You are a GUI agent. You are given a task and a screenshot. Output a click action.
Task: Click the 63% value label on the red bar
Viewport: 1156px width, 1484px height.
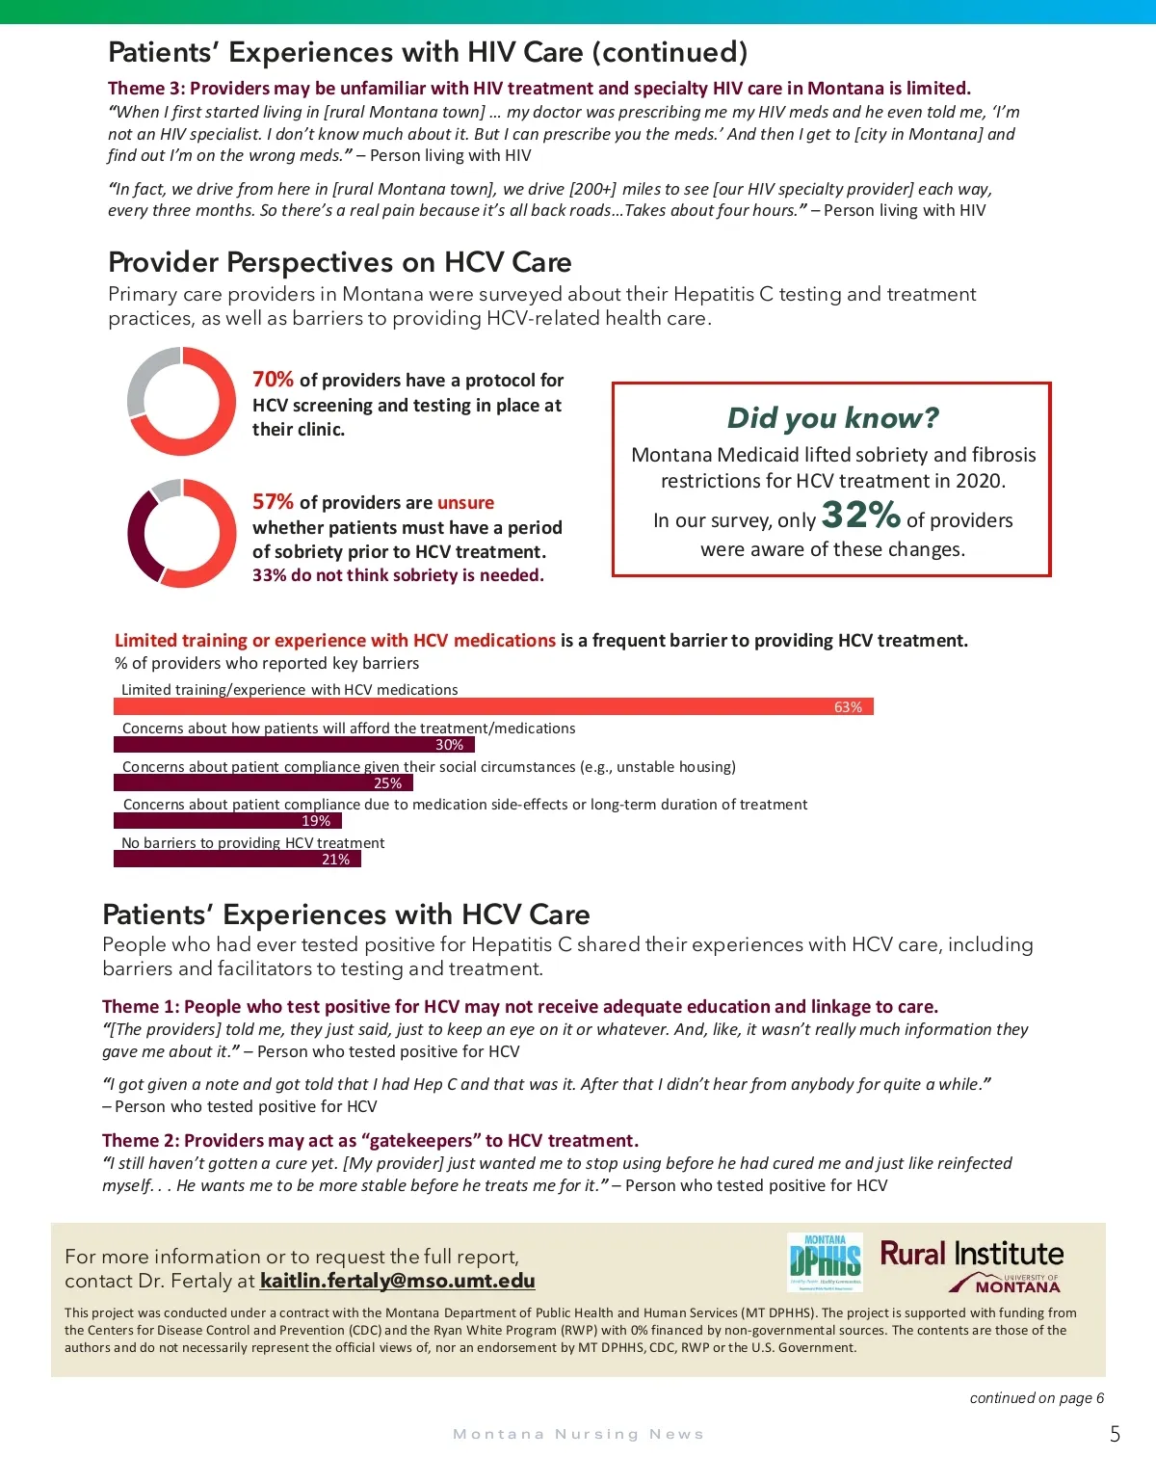click(848, 707)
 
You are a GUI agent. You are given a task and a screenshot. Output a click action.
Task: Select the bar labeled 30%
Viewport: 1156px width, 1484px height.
click(294, 745)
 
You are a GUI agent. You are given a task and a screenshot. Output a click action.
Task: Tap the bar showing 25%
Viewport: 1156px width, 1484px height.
click(263, 783)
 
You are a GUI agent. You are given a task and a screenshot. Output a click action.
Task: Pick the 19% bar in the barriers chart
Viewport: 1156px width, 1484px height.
click(227, 821)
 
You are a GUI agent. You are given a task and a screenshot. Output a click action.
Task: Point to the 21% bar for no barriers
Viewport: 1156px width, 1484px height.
click(237, 860)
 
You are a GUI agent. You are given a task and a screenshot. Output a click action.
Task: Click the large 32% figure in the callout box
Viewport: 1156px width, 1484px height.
click(860, 516)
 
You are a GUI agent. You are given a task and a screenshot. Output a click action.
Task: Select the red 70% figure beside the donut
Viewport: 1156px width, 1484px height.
click(273, 380)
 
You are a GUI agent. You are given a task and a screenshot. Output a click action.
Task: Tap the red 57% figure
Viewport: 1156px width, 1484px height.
click(273, 502)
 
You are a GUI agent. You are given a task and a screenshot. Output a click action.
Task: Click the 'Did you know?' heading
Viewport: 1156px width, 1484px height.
click(832, 417)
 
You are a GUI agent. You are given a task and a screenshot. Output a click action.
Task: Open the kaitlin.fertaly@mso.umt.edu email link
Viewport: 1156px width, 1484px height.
click(397, 1281)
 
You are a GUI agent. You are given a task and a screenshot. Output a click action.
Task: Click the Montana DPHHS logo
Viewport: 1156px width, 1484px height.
click(825, 1261)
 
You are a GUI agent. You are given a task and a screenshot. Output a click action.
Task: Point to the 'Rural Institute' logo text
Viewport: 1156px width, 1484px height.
click(971, 1254)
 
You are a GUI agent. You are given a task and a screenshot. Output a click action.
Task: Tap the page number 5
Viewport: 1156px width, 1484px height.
click(1115, 1434)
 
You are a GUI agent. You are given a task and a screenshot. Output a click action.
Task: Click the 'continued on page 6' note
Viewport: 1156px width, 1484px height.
click(1037, 1398)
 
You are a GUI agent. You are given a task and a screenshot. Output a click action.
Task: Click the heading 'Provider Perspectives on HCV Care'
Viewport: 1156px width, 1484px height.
click(339, 262)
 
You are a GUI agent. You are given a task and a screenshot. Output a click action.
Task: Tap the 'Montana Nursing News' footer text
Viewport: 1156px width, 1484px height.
click(578, 1435)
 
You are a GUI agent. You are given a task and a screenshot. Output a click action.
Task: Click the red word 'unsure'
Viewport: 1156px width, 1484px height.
click(465, 502)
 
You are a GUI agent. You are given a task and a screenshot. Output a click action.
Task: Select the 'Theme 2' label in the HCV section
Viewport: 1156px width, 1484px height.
click(141, 1141)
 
